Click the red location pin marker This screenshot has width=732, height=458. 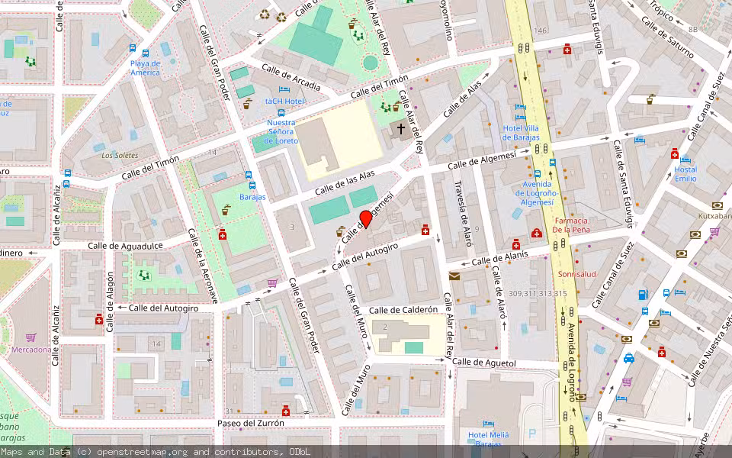366,219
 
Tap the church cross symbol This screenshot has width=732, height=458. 401,130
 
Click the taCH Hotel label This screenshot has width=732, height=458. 285,101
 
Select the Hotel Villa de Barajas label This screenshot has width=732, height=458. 522,132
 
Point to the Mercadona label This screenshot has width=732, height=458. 31,350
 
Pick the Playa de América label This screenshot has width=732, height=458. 145,68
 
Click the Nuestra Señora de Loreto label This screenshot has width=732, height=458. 281,131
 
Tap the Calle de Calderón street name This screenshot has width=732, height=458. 403,310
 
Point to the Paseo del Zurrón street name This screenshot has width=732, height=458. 250,423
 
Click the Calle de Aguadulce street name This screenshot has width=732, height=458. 125,246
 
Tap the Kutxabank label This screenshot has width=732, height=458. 714,216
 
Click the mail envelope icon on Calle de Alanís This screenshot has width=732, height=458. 454,276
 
